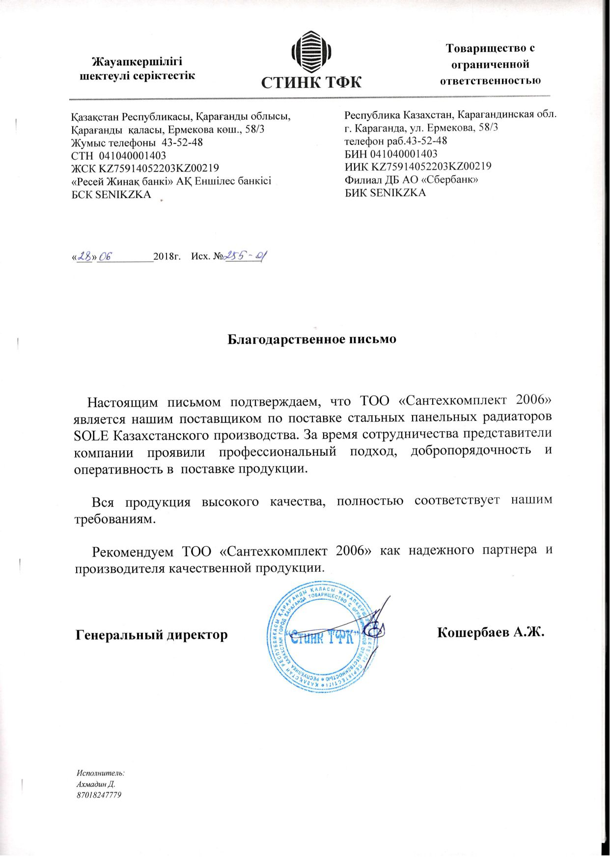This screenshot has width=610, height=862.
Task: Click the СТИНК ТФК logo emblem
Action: pyautogui.click(x=311, y=51)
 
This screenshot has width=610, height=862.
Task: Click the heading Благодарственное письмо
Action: pyautogui.click(x=312, y=339)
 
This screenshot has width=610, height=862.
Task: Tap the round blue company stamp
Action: pyautogui.click(x=322, y=638)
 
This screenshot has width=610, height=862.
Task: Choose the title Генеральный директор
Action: pyautogui.click(x=152, y=635)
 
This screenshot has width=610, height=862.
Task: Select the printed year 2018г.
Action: pyautogui.click(x=168, y=256)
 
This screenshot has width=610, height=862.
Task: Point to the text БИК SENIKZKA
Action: pyautogui.click(x=385, y=193)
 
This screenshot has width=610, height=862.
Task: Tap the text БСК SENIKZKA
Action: pyautogui.click(x=111, y=195)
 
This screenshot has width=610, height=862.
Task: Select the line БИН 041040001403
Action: pyautogui.click(x=391, y=154)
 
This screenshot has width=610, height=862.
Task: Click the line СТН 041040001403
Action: pyautogui.click(x=118, y=156)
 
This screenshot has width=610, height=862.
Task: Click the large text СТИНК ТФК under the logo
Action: pyautogui.click(x=311, y=82)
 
